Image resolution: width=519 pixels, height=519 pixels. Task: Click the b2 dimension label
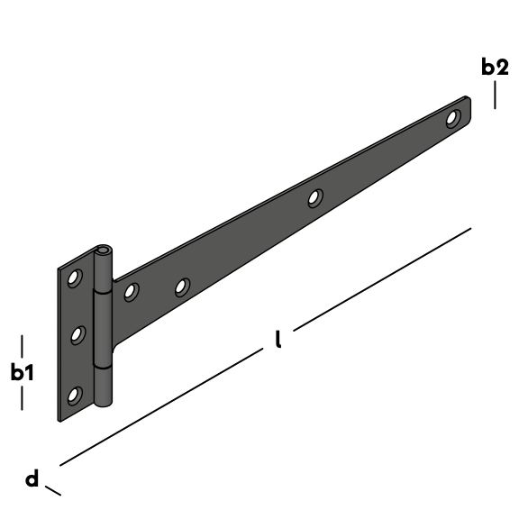coord(495,67)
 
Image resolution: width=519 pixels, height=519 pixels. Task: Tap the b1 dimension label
coord(23,372)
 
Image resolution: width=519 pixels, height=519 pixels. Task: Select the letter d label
coord(32,478)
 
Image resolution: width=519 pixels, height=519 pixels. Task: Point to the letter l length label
coord(278,339)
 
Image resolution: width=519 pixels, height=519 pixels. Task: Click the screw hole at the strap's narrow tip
coord(453,119)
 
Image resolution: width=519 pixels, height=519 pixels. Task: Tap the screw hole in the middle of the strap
coord(315,198)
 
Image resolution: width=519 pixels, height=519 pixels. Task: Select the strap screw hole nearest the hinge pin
coord(132,292)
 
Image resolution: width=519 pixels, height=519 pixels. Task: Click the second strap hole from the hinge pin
coord(182,287)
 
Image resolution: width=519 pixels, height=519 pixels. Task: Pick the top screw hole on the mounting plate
coord(75,278)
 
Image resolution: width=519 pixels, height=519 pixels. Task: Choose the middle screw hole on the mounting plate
coord(77,335)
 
